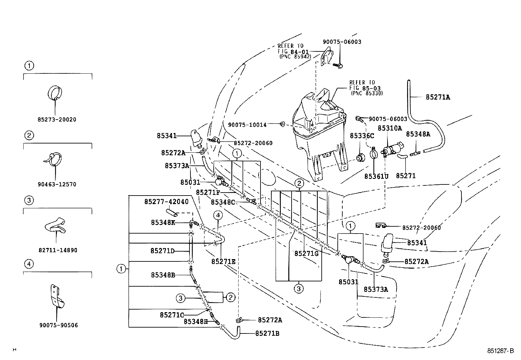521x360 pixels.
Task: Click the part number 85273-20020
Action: coord(57,120)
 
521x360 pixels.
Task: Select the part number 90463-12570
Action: coord(57,184)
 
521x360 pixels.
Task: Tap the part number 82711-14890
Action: coord(58,250)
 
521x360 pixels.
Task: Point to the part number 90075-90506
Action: coord(59,325)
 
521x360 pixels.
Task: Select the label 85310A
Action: coord(390,128)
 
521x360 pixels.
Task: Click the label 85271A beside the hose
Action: coord(438,97)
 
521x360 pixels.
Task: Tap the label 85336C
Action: coord(362,136)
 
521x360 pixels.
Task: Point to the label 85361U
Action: coord(376,176)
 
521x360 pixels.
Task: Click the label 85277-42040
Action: coord(166,201)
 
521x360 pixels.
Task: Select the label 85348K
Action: coord(163,222)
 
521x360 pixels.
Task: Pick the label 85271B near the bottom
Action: coord(267,333)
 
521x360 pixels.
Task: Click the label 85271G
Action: coord(306,253)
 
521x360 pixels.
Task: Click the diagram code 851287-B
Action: coord(500,351)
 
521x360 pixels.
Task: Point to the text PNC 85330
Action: coord(367,93)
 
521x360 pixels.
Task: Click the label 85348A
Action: coord(418,134)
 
